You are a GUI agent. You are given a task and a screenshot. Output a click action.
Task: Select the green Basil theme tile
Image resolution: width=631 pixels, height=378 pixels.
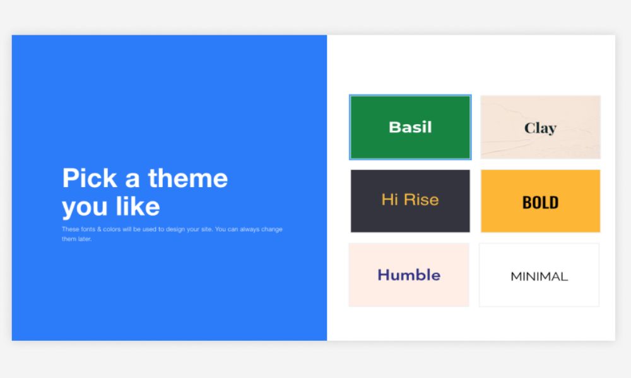pos(410,127)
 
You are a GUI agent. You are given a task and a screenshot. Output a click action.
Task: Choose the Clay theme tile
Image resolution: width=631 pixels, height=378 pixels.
pos(541,127)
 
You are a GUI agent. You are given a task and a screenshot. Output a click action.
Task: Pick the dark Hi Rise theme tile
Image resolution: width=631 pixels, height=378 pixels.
pos(410,201)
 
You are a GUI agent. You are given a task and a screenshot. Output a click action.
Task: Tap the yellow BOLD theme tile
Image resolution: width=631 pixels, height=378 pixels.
pos(541,201)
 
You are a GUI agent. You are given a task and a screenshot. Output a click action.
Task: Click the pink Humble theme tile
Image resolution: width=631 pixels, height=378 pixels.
pos(409,275)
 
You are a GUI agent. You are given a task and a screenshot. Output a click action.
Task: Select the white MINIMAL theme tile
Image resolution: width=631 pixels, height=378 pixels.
pos(540,275)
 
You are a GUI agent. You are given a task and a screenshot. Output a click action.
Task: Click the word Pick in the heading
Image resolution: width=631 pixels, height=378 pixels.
pos(90,178)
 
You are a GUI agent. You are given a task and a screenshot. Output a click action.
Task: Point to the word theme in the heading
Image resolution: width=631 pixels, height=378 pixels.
pos(188,178)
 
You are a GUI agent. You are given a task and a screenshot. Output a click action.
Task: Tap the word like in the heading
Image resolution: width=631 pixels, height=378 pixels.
pos(138,207)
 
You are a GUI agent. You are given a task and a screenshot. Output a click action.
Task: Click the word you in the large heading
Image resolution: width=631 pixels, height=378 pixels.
pos(85,208)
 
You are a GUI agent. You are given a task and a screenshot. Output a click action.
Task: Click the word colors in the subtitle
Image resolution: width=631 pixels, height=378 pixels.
pos(112,229)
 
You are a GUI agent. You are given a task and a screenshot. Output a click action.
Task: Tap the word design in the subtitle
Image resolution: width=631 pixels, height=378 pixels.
pos(175,230)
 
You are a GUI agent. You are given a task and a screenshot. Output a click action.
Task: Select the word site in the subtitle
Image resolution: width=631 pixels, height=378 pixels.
pos(206,229)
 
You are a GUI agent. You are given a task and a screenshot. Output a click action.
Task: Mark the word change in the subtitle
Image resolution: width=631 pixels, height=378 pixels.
pos(272,230)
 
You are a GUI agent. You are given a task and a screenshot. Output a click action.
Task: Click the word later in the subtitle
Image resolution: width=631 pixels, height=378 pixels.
pos(85,239)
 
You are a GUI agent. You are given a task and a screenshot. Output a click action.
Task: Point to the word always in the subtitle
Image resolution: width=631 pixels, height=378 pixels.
pos(249,230)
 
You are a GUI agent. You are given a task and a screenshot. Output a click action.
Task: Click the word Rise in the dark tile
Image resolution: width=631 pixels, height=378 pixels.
pos(422,200)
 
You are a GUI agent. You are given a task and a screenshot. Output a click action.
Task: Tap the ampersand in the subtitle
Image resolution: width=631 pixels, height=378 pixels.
pos(99,229)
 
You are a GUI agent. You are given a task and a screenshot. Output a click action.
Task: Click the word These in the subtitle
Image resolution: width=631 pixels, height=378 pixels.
pos(71,229)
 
